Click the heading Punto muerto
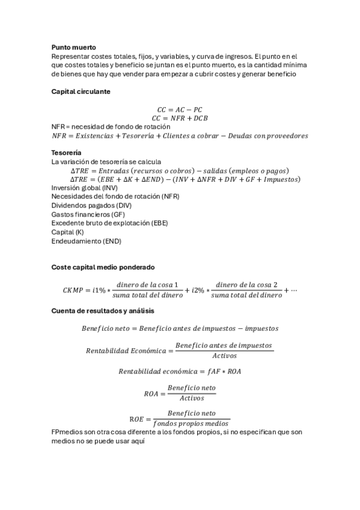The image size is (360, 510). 73,47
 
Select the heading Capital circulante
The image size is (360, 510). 81,91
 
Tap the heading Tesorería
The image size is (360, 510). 66,153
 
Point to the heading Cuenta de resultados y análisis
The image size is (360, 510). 102,311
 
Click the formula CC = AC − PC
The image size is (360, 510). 180,110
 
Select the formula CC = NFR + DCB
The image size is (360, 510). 180,118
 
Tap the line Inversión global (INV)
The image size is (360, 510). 85,188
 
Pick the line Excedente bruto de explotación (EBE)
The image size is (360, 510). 109,223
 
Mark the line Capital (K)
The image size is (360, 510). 67,232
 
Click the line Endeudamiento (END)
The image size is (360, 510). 87,241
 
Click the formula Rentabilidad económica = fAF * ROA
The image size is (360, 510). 180,371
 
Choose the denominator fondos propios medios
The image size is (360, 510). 191,423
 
